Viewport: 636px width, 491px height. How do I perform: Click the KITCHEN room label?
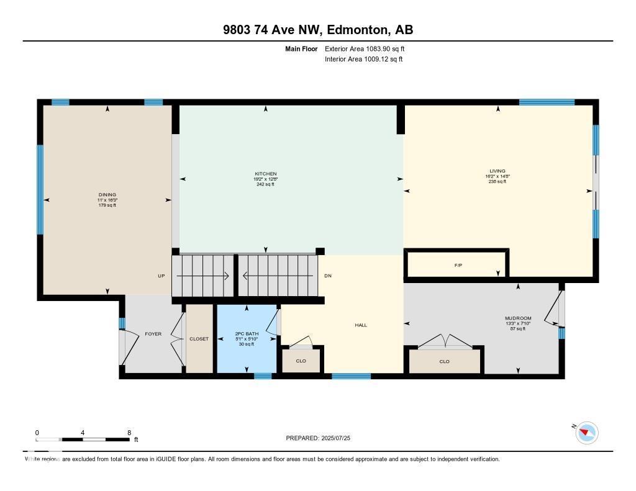pyautogui.click(x=265, y=174)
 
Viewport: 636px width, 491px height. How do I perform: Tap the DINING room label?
pyautogui.click(x=107, y=195)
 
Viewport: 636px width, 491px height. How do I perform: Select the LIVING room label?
pyautogui.click(x=497, y=171)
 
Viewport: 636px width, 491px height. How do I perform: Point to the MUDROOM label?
pyautogui.click(x=518, y=318)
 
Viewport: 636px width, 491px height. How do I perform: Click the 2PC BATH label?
pyautogui.click(x=246, y=334)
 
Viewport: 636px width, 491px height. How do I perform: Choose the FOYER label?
pyautogui.click(x=153, y=334)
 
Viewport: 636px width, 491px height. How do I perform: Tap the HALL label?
pyautogui.click(x=361, y=325)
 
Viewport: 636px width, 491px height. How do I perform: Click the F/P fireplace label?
pyautogui.click(x=458, y=266)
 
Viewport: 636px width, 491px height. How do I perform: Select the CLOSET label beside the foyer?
pyautogui.click(x=199, y=339)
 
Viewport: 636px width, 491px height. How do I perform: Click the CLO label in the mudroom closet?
pyautogui.click(x=444, y=361)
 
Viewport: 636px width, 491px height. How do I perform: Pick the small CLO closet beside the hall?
pyautogui.click(x=301, y=360)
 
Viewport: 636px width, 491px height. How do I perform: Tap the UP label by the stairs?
pyautogui.click(x=161, y=276)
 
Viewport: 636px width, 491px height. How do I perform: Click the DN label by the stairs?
pyautogui.click(x=328, y=276)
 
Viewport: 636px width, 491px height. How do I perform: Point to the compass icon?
pyautogui.click(x=586, y=433)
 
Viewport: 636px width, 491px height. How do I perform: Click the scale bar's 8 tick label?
pyautogui.click(x=129, y=433)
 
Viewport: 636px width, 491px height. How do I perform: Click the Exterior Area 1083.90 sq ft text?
pyautogui.click(x=365, y=48)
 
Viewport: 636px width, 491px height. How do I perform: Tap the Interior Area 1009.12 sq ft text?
pyautogui.click(x=364, y=60)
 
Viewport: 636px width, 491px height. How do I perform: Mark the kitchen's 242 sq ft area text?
pyautogui.click(x=265, y=184)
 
